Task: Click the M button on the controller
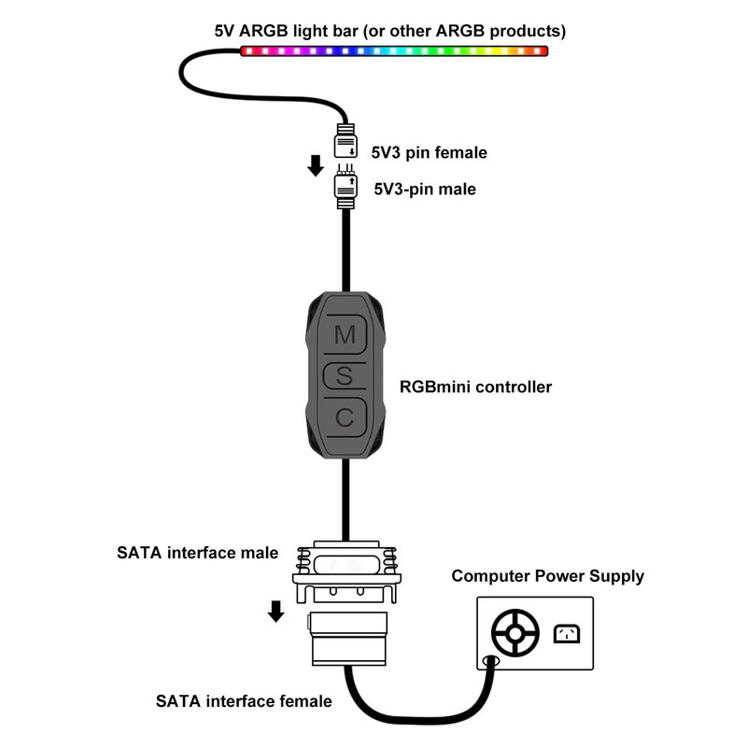(345, 334)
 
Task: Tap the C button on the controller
(345, 417)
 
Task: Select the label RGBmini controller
(475, 386)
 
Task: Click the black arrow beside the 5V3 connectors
(316, 166)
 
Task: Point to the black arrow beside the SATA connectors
(275, 611)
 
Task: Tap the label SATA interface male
(197, 553)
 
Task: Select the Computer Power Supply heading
(548, 576)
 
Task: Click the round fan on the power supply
(513, 634)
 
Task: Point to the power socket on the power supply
(567, 634)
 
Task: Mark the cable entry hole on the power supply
(487, 662)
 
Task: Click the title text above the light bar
(389, 31)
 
